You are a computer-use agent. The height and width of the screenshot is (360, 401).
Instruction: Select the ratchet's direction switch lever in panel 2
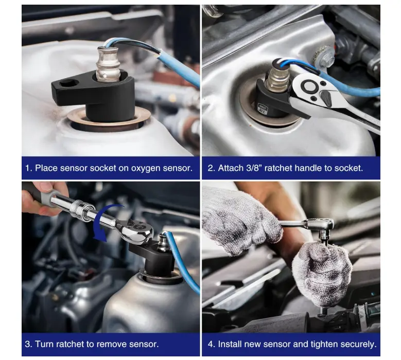coord(326,98)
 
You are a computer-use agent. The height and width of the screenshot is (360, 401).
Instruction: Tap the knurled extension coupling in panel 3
coord(79,206)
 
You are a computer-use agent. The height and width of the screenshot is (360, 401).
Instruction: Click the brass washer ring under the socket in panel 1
coord(109,119)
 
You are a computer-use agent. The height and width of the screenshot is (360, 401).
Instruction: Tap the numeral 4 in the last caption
coord(210,344)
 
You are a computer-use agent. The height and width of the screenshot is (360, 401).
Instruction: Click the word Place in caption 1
coord(46,168)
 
